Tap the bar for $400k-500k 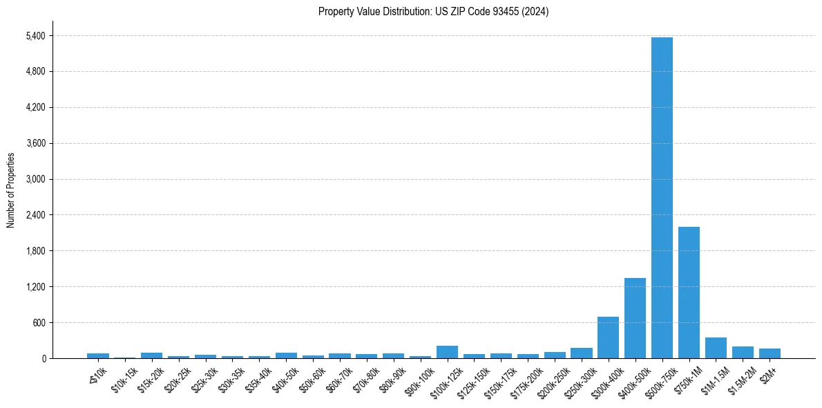[635, 318]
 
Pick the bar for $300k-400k [608, 337]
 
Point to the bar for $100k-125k [447, 352]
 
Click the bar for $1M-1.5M [716, 348]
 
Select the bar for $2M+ [770, 353]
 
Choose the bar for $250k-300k [581, 353]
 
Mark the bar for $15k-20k [151, 355]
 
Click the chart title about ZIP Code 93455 [433, 12]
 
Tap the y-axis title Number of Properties [10, 190]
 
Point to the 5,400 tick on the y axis [35, 36]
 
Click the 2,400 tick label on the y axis [35, 215]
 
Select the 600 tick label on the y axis [39, 323]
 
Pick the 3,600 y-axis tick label [35, 143]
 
